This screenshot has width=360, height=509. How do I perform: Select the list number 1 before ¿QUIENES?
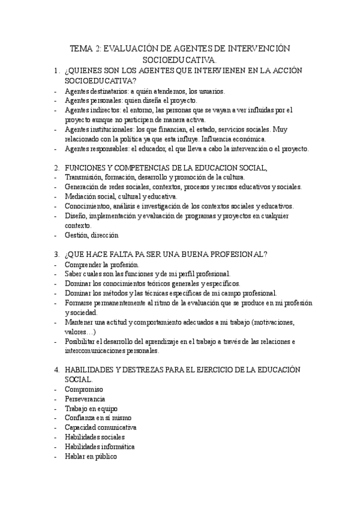click(x=56, y=71)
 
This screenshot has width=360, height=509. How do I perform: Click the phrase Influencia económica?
click(x=253, y=139)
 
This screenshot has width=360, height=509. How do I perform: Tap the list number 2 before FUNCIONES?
click(x=56, y=167)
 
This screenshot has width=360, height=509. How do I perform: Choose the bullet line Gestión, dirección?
click(x=92, y=235)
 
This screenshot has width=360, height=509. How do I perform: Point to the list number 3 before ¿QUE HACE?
click(x=56, y=254)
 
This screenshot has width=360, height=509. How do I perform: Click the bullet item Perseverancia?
click(x=86, y=399)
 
